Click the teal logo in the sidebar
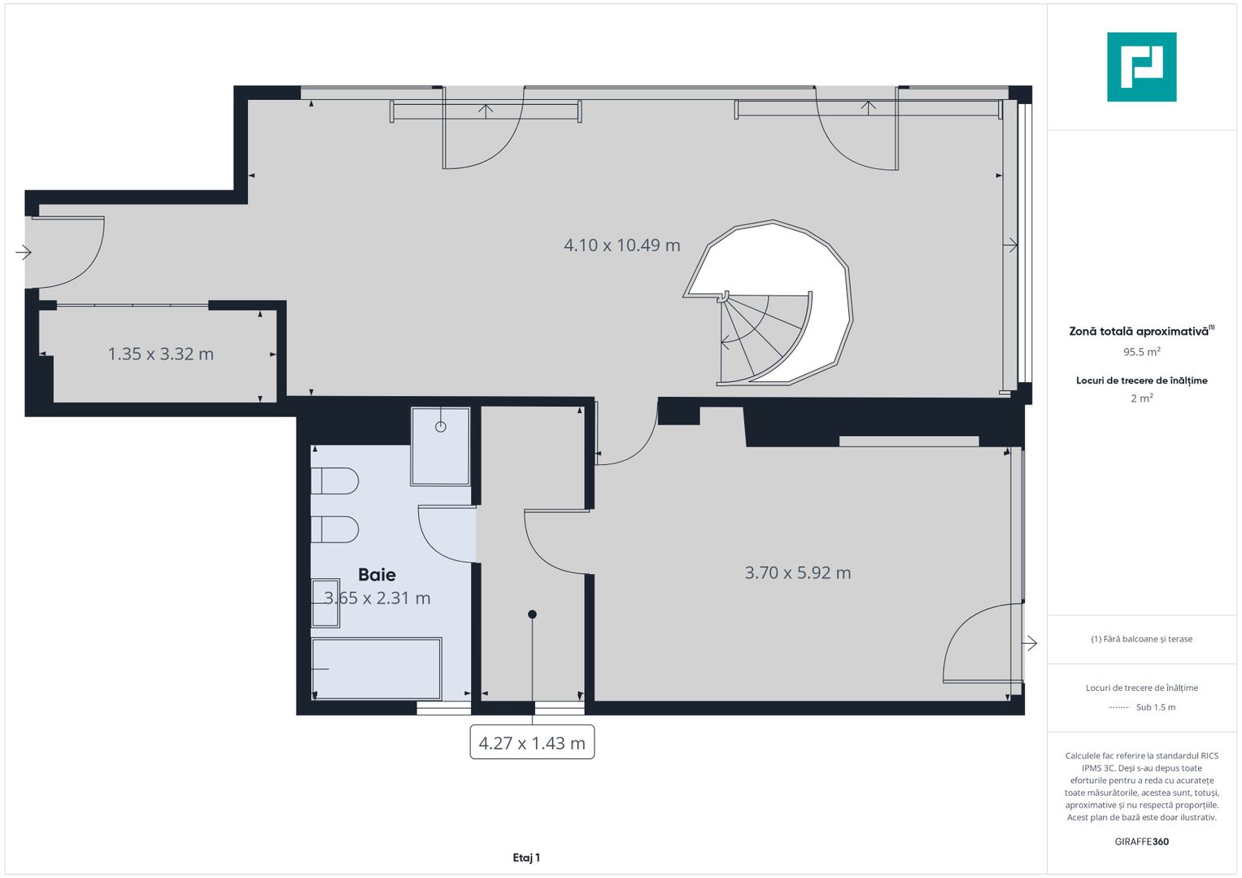pos(1141,67)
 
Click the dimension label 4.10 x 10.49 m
pos(622,245)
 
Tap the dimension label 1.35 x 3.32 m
pos(161,354)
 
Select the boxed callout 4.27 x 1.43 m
pos(532,742)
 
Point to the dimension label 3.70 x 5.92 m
pos(798,572)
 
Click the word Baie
pos(377,575)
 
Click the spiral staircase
pos(769,317)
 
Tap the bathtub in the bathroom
pos(377,668)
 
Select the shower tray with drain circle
pos(440,446)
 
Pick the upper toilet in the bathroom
pos(334,480)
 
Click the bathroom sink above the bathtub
pos(325,602)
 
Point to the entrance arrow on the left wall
pos(23,252)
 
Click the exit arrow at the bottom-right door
pos(1030,643)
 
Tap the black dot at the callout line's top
pos(532,615)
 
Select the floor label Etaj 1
pos(526,858)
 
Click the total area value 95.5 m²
pos(1141,352)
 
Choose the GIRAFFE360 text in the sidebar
pos(1141,841)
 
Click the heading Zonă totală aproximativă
pos(1140,331)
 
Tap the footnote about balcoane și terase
pos(1141,639)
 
